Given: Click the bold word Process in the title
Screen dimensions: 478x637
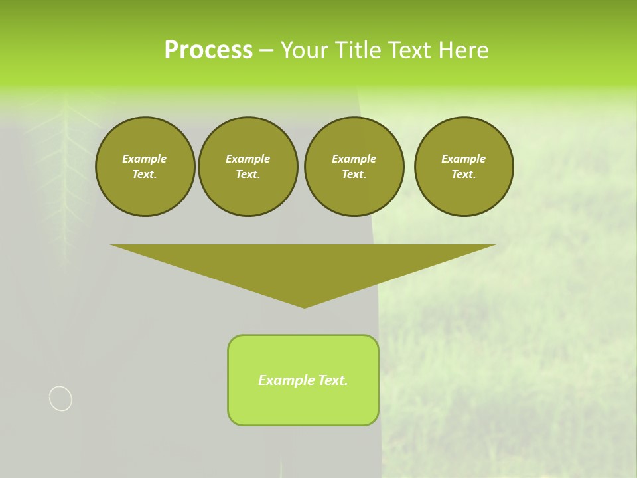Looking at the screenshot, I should [208, 50].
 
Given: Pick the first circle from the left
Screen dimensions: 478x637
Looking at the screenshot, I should [145, 167].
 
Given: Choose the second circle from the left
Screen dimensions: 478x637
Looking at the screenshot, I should [248, 167].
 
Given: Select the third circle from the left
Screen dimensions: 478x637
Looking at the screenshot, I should [354, 167].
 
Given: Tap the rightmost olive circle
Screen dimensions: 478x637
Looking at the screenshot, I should [463, 167].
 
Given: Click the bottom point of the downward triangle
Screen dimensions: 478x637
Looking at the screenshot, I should [304, 307].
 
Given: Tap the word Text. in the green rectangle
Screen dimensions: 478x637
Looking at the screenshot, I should [332, 380].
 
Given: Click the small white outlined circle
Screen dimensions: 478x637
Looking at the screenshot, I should [60, 398].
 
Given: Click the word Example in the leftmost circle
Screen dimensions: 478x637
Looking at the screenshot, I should [145, 159].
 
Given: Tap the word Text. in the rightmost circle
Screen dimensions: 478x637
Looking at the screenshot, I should [463, 174].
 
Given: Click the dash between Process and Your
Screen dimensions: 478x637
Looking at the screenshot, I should [266, 51].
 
